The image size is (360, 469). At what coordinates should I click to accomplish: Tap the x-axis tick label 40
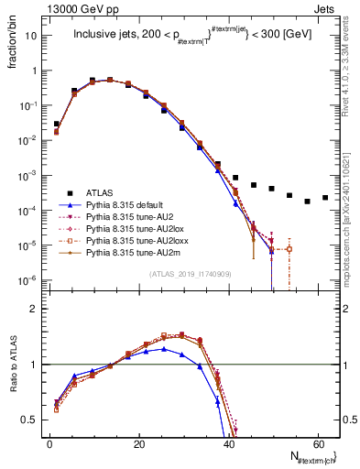[x=227, y=444]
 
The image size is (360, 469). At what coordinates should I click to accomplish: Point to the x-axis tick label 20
[x=137, y=444]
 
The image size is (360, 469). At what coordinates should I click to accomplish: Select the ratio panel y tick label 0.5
[x=29, y=420]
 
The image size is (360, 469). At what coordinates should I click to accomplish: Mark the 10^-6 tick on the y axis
[x=27, y=280]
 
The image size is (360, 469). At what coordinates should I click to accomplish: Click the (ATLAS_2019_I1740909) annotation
[x=190, y=274]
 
